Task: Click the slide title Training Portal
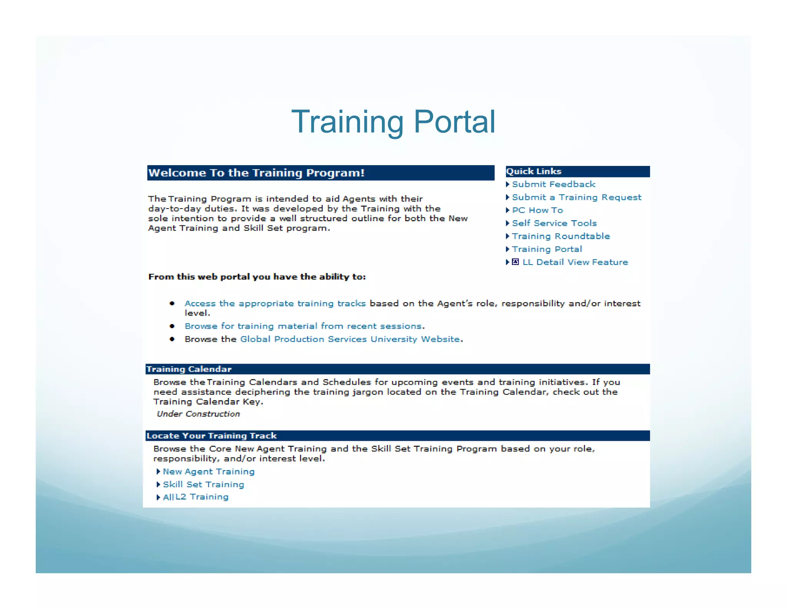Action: pos(393,122)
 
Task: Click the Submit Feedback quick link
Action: pos(553,184)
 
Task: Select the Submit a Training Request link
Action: pos(576,197)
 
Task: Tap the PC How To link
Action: pos(537,210)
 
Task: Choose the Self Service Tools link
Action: pos(554,223)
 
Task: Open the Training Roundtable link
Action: pos(561,237)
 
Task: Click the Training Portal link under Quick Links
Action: pos(547,250)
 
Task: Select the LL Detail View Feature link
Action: pos(575,262)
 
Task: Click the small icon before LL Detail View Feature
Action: pos(516,262)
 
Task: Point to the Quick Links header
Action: pos(534,172)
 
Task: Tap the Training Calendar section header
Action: pos(189,369)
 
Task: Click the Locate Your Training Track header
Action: pos(212,436)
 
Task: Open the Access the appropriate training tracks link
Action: pos(275,304)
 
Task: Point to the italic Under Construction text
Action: pos(198,414)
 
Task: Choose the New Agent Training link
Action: pos(209,472)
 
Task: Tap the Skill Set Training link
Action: pos(203,485)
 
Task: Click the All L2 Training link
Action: pos(196,497)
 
